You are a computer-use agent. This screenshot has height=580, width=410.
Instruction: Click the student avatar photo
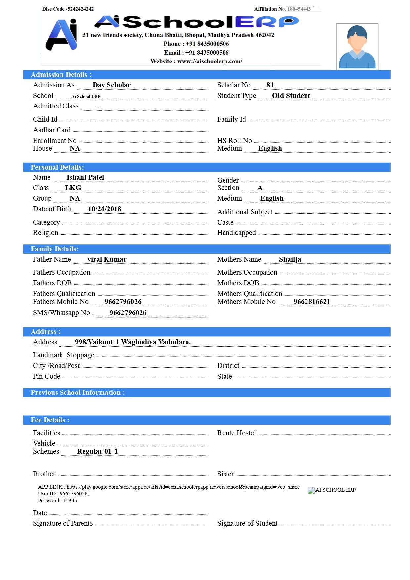[x=357, y=47]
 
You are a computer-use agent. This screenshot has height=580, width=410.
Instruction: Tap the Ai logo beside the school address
[x=62, y=35]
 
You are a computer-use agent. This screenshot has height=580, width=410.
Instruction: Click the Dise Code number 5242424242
[x=80, y=9]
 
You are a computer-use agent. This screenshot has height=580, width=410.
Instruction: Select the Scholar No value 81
[x=270, y=85]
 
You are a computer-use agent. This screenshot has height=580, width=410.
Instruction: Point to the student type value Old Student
[x=291, y=96]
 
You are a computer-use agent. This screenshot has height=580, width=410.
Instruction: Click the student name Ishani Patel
[x=85, y=177]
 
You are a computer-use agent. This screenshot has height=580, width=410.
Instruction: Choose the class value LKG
[x=73, y=188]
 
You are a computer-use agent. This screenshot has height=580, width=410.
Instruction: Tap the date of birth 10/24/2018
[x=104, y=209]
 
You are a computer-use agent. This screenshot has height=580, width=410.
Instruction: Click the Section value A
[x=260, y=188]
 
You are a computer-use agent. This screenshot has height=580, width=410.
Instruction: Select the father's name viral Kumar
[x=107, y=259]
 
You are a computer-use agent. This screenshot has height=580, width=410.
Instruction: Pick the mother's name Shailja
[x=290, y=259]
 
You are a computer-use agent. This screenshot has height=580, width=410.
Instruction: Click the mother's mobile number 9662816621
[x=311, y=302]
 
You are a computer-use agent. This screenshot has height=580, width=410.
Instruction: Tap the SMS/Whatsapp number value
[x=128, y=313]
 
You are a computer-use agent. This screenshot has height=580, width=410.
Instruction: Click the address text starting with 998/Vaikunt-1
[x=133, y=342]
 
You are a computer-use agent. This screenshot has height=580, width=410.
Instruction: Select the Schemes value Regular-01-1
[x=97, y=451]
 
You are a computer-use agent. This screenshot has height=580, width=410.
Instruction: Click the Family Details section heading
[x=55, y=249]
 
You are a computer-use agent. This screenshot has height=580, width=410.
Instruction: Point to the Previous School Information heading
[x=78, y=393]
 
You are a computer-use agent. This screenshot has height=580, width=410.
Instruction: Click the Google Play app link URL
[x=183, y=487]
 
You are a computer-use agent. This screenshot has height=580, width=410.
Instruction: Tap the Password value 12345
[x=70, y=501]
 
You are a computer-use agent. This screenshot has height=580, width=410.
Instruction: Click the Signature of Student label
[x=247, y=523]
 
